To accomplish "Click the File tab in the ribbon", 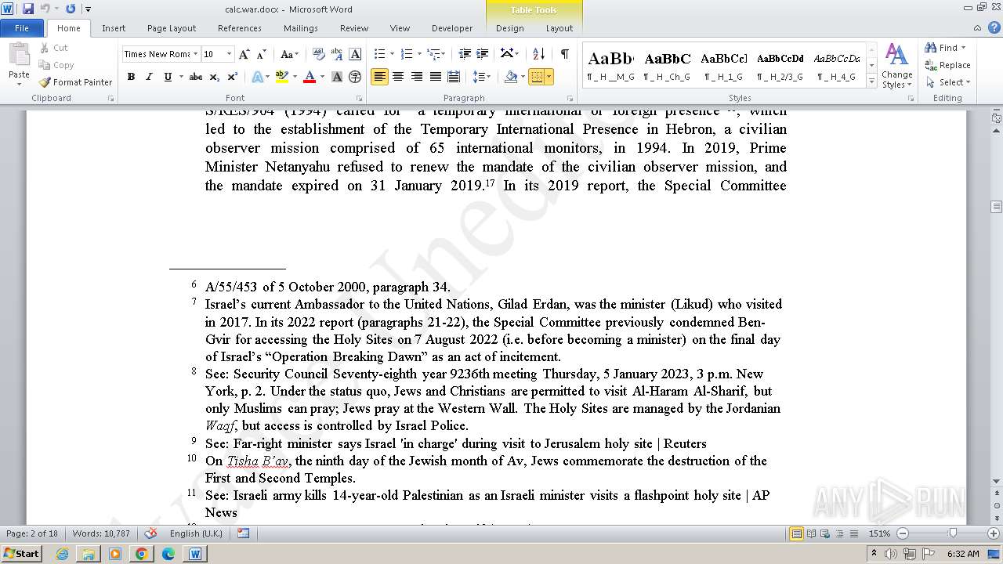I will [x=22, y=28].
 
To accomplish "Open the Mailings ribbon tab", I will [x=301, y=28].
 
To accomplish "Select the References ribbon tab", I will [x=240, y=28].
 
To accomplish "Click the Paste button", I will [x=19, y=63].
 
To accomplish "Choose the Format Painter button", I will [x=76, y=82].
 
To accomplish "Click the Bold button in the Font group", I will [x=131, y=77].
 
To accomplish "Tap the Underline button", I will [x=168, y=77].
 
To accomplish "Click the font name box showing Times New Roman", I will [x=157, y=54].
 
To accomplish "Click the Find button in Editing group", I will [x=947, y=48].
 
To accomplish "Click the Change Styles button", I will [x=896, y=66].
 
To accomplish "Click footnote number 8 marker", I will [x=194, y=371].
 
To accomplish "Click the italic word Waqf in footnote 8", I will [x=220, y=426].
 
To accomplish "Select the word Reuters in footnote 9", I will [x=684, y=443].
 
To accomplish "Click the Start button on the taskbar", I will [x=21, y=554].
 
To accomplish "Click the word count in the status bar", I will [x=101, y=533].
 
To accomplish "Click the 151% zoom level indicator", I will [x=879, y=533].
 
